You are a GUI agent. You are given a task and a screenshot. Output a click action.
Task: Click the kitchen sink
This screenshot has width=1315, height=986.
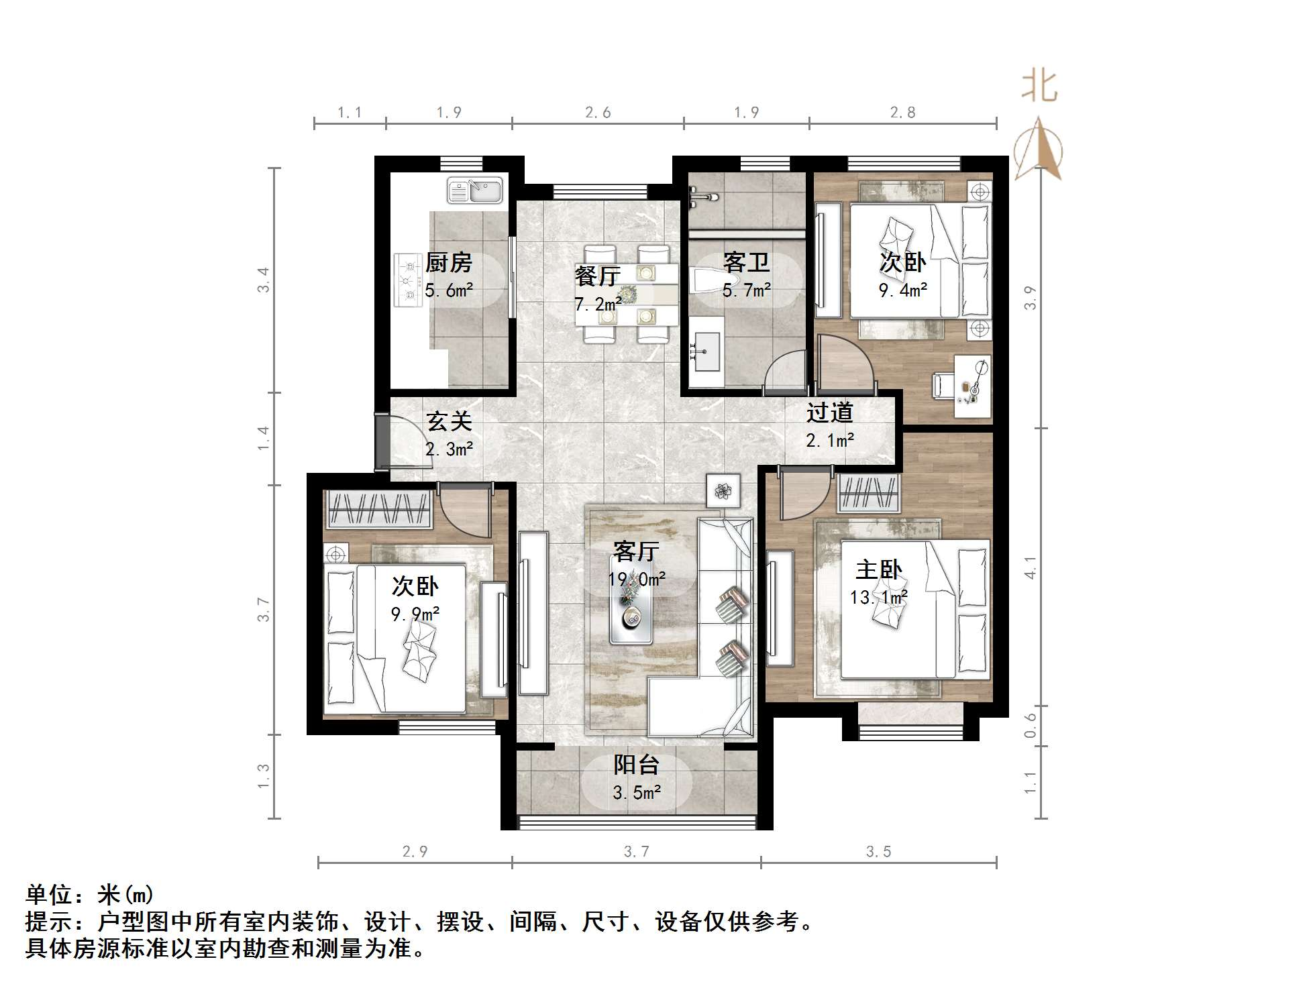click(x=474, y=190)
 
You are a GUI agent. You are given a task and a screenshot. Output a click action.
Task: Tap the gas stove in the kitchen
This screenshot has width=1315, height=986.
click(x=407, y=280)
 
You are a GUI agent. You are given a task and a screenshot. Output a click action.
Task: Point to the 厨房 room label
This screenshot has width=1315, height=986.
click(x=448, y=262)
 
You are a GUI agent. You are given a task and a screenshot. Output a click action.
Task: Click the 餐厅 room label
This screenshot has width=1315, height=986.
click(x=597, y=276)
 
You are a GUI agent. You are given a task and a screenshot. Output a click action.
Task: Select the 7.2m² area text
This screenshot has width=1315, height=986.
click(x=597, y=305)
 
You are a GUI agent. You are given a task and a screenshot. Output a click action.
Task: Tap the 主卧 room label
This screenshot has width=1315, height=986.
click(x=878, y=569)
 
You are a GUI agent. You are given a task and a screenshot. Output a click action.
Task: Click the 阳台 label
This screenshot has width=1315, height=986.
click(x=636, y=765)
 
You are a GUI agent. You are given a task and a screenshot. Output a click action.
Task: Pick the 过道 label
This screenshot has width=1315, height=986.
click(x=829, y=412)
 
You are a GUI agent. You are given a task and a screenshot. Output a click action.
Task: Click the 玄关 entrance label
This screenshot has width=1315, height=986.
click(x=449, y=421)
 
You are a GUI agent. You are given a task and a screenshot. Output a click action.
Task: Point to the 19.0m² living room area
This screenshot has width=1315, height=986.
click(x=636, y=580)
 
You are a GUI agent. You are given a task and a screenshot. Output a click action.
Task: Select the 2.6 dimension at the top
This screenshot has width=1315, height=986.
click(x=598, y=113)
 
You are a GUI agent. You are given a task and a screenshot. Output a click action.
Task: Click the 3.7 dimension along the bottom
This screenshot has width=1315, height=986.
click(x=636, y=852)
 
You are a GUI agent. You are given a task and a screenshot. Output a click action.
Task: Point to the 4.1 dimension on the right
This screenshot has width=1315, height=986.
click(x=1030, y=567)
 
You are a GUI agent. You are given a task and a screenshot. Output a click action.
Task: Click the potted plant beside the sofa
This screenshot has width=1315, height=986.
click(x=723, y=491)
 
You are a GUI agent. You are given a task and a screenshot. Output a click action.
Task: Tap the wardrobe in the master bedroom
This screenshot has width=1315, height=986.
click(x=868, y=493)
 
